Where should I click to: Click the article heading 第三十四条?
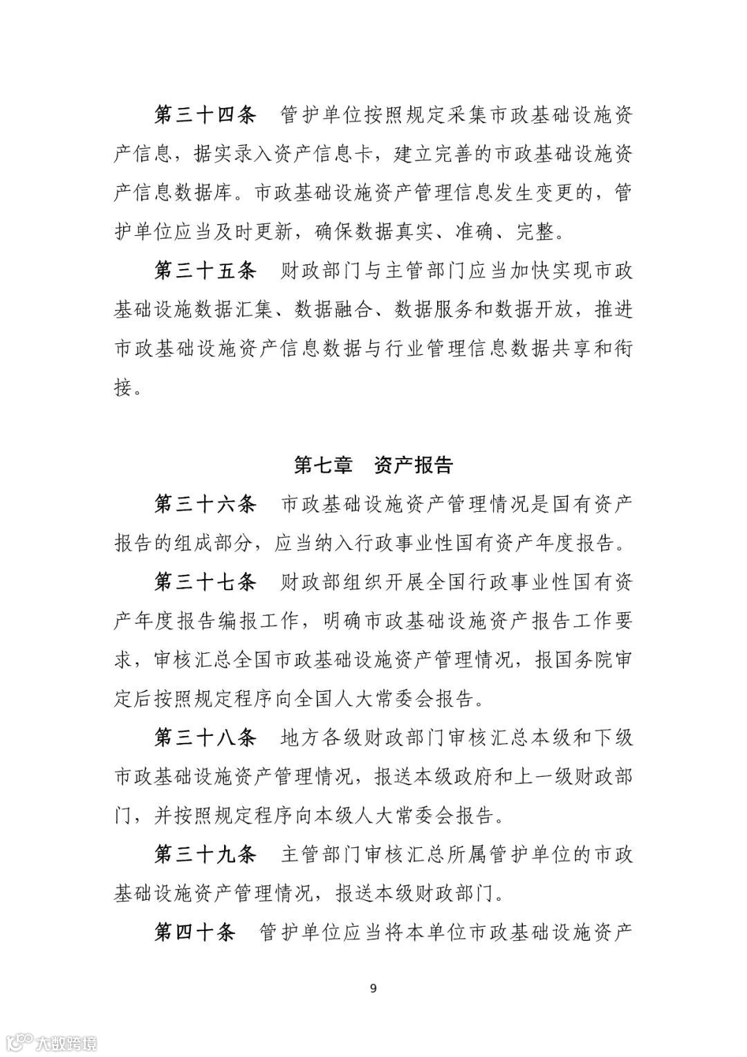tap(205, 115)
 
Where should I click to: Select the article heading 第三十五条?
tap(205, 270)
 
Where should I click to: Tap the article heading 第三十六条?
tap(205, 504)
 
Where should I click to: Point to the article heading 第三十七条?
tap(205, 582)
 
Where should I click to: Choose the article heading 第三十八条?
tap(205, 737)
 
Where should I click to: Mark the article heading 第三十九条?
tap(205, 854)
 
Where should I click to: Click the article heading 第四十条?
tap(194, 932)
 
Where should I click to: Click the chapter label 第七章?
tap(322, 465)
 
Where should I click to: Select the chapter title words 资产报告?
tap(413, 465)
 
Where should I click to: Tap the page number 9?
tap(373, 987)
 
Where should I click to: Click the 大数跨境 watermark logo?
tap(52, 1042)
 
